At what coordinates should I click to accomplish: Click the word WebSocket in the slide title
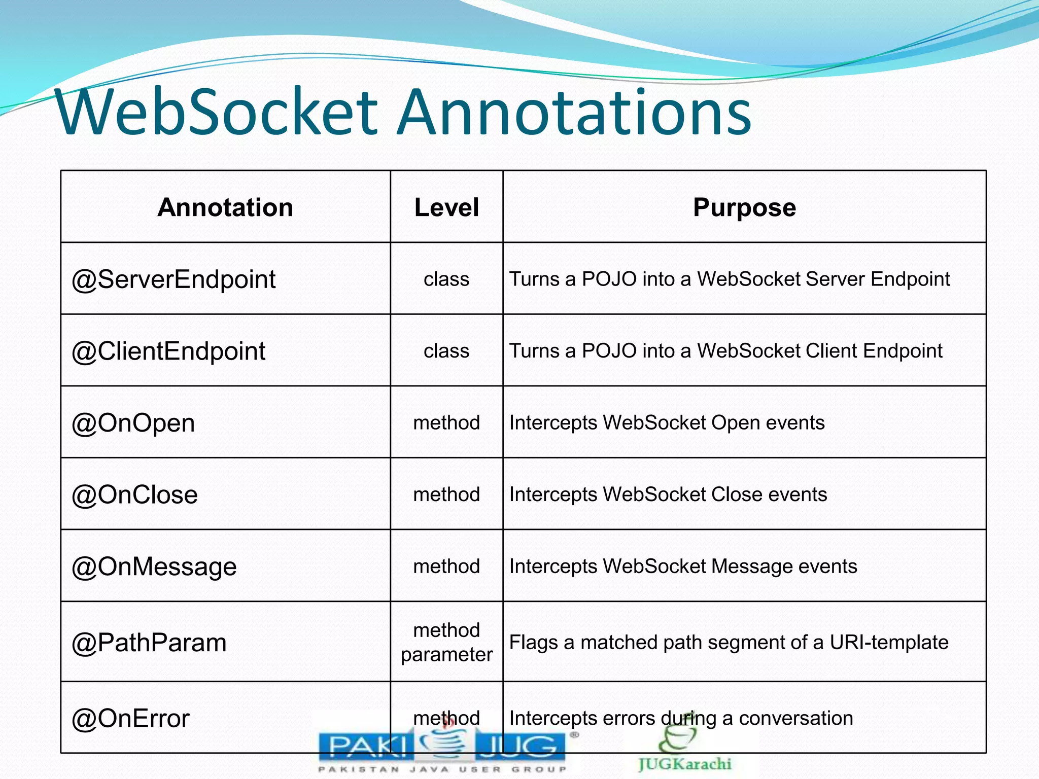pyautogui.click(x=217, y=113)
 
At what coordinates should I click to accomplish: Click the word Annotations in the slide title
pyautogui.click(x=573, y=113)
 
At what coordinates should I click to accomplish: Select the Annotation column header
pyautogui.click(x=225, y=207)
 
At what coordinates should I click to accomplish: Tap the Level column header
pyautogui.click(x=446, y=207)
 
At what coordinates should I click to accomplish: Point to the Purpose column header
pyautogui.click(x=744, y=207)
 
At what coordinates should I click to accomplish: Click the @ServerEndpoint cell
pyautogui.click(x=174, y=279)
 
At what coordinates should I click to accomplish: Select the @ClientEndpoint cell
pyautogui.click(x=168, y=351)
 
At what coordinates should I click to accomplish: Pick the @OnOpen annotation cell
pyautogui.click(x=133, y=423)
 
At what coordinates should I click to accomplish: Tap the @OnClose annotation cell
pyautogui.click(x=135, y=494)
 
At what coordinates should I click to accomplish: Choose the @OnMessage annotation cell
pyautogui.click(x=154, y=566)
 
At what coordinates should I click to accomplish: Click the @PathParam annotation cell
pyautogui.click(x=149, y=643)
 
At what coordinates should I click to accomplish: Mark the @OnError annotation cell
pyautogui.click(x=131, y=719)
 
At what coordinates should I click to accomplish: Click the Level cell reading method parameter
pyautogui.click(x=446, y=642)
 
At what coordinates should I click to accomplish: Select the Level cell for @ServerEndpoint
pyautogui.click(x=446, y=279)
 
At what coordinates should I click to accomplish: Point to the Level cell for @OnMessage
pyautogui.click(x=446, y=566)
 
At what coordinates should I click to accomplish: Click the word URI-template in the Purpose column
pyautogui.click(x=889, y=643)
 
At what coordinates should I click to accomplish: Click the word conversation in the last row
pyautogui.click(x=795, y=719)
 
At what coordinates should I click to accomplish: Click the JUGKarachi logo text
pyautogui.click(x=685, y=764)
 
